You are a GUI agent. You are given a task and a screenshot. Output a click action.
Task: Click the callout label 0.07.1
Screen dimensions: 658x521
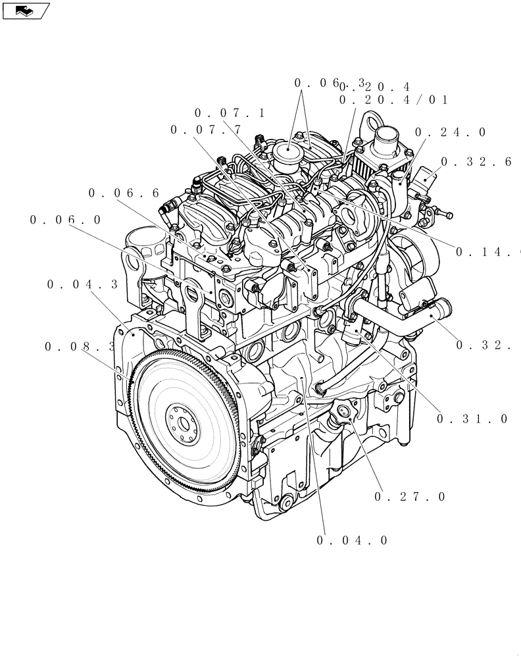point(230,113)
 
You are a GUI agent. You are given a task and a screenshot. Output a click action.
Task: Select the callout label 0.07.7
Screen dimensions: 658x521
point(206,130)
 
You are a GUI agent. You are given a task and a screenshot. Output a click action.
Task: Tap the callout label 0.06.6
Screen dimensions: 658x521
point(124,193)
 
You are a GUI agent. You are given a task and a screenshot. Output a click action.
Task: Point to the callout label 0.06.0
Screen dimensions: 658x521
point(66,220)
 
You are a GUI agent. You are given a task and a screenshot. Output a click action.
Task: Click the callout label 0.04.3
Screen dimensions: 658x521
point(82,284)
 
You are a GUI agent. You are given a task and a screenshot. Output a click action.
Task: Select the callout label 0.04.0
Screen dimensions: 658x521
point(352,540)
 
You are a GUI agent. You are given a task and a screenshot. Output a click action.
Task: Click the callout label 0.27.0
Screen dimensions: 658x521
point(410,497)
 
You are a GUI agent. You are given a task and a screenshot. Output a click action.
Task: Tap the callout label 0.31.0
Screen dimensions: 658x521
point(472,418)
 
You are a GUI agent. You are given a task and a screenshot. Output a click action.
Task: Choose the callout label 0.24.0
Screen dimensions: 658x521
point(451,132)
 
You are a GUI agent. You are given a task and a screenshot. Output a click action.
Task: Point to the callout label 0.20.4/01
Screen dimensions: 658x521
point(393,100)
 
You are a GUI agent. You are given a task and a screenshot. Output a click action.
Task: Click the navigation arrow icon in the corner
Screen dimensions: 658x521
point(25,10)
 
